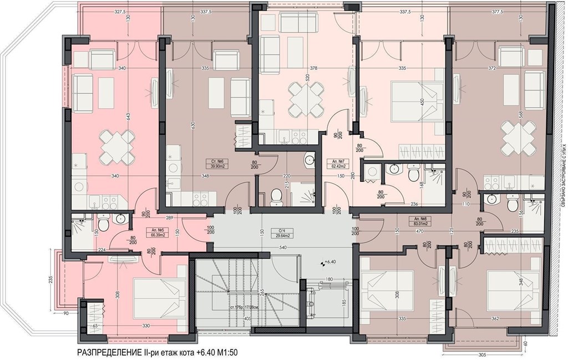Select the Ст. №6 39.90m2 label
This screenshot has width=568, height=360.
(216, 163)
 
